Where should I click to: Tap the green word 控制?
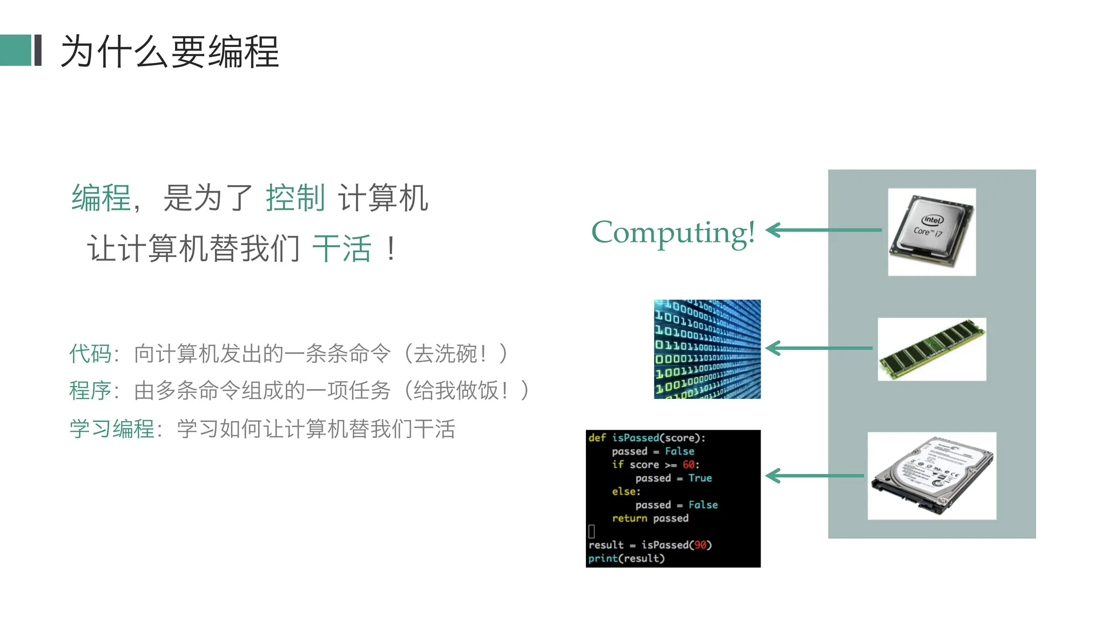[295, 198]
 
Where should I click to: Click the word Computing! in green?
[673, 232]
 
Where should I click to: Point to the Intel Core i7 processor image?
[932, 232]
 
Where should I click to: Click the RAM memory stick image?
[932, 349]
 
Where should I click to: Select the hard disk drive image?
[932, 476]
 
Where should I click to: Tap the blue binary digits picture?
[707, 349]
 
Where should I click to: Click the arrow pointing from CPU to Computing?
[824, 230]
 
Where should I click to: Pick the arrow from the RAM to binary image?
[819, 348]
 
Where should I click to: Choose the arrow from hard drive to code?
[814, 476]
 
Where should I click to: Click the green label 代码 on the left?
[90, 354]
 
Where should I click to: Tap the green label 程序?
[90, 390]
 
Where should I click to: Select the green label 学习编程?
[112, 429]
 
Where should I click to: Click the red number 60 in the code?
[688, 464]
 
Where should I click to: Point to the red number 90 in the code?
[700, 545]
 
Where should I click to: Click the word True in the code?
[700, 478]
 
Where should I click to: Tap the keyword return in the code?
[629, 518]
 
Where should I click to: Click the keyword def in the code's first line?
[597, 438]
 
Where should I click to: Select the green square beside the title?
[16, 50]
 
